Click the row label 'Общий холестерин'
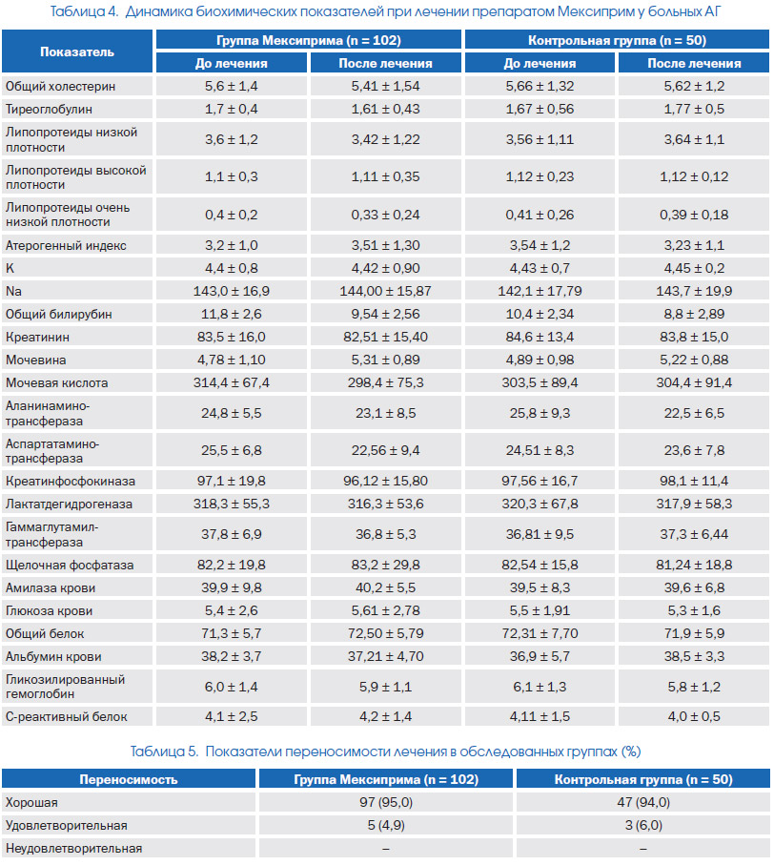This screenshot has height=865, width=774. pos(61,87)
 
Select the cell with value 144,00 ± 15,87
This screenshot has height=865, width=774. pos(385,291)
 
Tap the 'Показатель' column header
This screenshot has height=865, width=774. pos(77,51)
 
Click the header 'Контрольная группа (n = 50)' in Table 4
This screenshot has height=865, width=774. pos(617,40)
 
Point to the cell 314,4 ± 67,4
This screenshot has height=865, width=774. pos(231,382)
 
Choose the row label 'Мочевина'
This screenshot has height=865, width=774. pos(36,360)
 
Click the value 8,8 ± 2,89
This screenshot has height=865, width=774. pos(694,315)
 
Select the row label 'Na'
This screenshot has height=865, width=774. pos(13,291)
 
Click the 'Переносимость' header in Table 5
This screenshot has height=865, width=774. pos(129,779)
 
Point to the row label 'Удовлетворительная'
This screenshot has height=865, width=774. pos(66,826)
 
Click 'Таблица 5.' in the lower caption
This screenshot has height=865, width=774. pos(164,752)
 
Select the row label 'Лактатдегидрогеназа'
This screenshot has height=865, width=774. pos(69,505)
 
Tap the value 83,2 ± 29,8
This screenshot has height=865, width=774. pos(385,566)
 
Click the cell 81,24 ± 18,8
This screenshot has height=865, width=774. pos(694,566)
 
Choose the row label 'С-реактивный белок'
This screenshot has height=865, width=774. pos(66,717)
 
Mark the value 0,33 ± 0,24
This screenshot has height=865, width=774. pos(385,216)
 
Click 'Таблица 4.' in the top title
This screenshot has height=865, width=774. pos(84,11)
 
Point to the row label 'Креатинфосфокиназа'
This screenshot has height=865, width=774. pos(70,482)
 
